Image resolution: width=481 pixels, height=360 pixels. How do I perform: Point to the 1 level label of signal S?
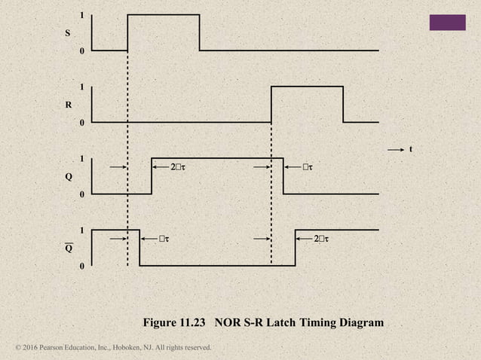(x=82, y=15)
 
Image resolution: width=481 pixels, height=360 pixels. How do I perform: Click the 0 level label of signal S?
(x=82, y=51)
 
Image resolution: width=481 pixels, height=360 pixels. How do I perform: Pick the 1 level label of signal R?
(x=82, y=87)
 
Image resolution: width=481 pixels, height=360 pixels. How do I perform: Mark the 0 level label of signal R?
(x=82, y=123)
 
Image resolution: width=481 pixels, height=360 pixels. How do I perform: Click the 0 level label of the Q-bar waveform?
(x=82, y=267)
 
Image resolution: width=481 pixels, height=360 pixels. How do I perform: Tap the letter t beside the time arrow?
(x=411, y=149)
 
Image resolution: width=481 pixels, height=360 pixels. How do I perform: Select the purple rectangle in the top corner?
(x=447, y=23)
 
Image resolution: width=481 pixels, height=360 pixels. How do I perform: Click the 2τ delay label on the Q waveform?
(x=177, y=166)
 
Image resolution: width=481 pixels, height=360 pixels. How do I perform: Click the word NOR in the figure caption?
(x=228, y=323)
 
